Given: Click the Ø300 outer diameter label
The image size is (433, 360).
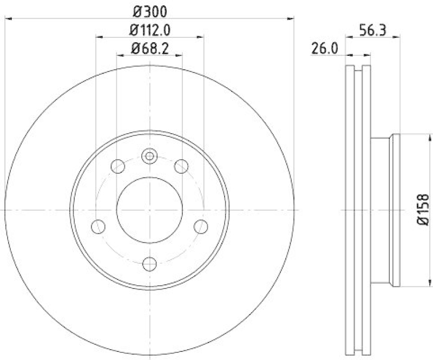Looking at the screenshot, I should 149,10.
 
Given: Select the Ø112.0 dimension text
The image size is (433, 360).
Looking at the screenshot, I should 149,30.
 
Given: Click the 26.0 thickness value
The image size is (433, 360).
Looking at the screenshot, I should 325,49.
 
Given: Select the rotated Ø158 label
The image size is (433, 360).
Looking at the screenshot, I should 423,210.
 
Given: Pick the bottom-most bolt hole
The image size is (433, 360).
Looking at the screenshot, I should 149,264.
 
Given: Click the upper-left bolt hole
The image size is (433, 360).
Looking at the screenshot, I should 117,166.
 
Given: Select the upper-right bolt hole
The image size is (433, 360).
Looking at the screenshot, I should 181,166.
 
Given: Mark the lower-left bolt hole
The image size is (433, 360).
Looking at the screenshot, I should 98,226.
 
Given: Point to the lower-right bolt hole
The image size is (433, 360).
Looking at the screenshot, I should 201,226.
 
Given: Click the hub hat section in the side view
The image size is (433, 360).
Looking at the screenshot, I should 385,210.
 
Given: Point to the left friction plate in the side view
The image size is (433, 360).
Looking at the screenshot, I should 349,210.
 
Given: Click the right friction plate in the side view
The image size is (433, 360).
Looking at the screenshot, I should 366,108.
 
